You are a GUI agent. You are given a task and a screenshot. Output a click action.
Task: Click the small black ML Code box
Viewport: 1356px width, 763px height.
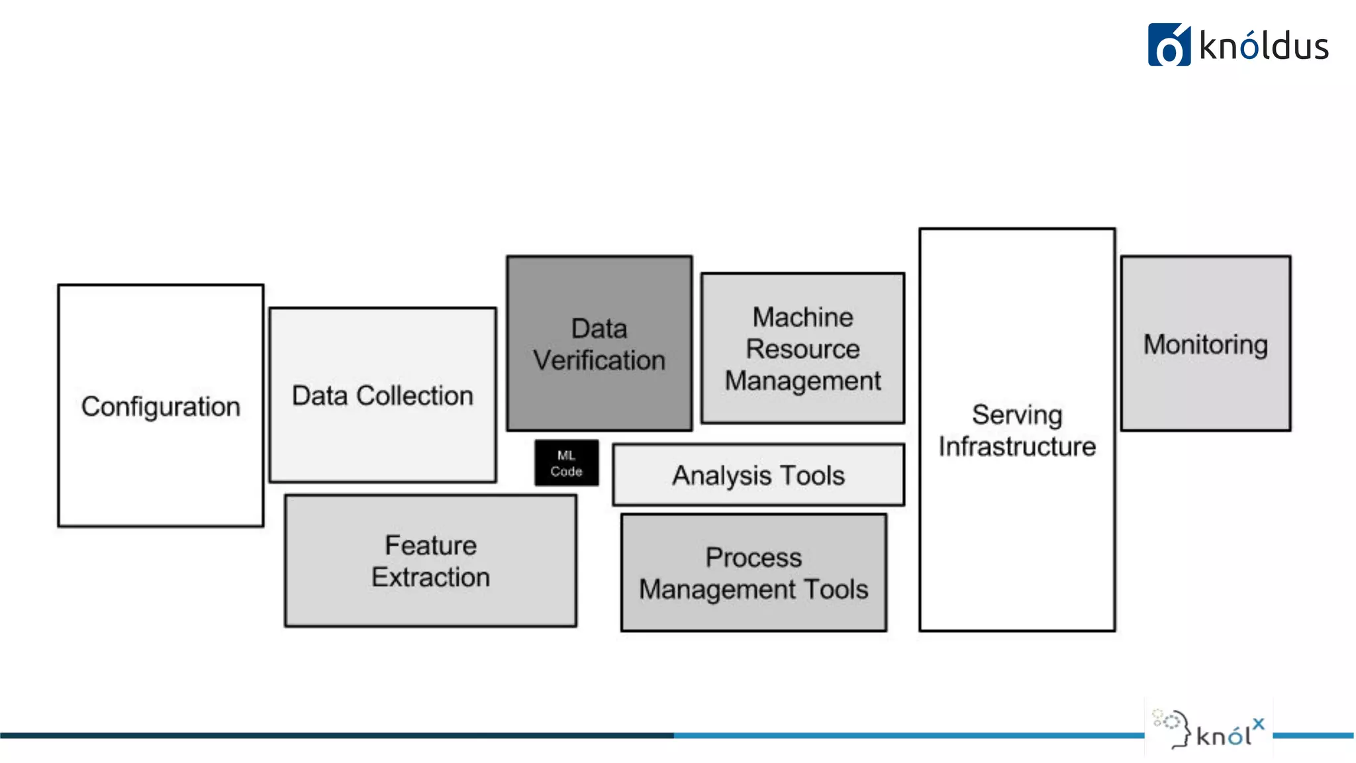tap(566, 463)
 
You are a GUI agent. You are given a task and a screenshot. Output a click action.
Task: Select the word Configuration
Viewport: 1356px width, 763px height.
tap(160, 407)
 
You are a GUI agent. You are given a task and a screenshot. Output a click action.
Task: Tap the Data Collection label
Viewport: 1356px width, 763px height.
tap(383, 395)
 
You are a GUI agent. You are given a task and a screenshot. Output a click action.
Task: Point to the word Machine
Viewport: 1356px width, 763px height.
tap(802, 317)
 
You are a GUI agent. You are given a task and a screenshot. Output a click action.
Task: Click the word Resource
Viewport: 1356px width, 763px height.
tap(802, 349)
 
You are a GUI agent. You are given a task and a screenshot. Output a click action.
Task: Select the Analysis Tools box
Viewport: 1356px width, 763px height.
tap(758, 476)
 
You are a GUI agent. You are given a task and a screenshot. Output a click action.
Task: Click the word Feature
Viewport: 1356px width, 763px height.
tap(430, 546)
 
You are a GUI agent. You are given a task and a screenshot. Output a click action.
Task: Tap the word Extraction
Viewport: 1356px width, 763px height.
tap(430, 578)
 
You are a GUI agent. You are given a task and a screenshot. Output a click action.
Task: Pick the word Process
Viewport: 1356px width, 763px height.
tap(753, 558)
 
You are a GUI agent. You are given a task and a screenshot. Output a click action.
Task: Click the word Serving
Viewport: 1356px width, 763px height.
tap(1017, 415)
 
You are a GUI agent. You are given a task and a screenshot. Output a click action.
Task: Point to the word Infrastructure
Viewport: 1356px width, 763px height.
tap(1017, 447)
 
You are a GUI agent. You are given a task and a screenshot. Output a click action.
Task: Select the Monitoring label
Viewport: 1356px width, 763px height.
tap(1205, 344)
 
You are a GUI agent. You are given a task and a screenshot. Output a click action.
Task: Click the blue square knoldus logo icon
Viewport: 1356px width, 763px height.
tap(1169, 45)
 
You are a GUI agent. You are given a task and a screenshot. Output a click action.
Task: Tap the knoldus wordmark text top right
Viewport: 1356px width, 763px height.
tap(1264, 47)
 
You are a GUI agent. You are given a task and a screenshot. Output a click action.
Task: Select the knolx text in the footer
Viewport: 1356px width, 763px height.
tap(1228, 734)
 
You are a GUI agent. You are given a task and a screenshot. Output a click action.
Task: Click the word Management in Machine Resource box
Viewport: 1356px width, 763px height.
tap(802, 381)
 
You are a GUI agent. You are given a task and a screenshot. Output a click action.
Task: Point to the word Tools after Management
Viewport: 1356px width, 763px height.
tap(836, 589)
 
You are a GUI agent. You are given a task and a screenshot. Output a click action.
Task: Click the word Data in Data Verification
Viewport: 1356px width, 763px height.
tap(599, 329)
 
